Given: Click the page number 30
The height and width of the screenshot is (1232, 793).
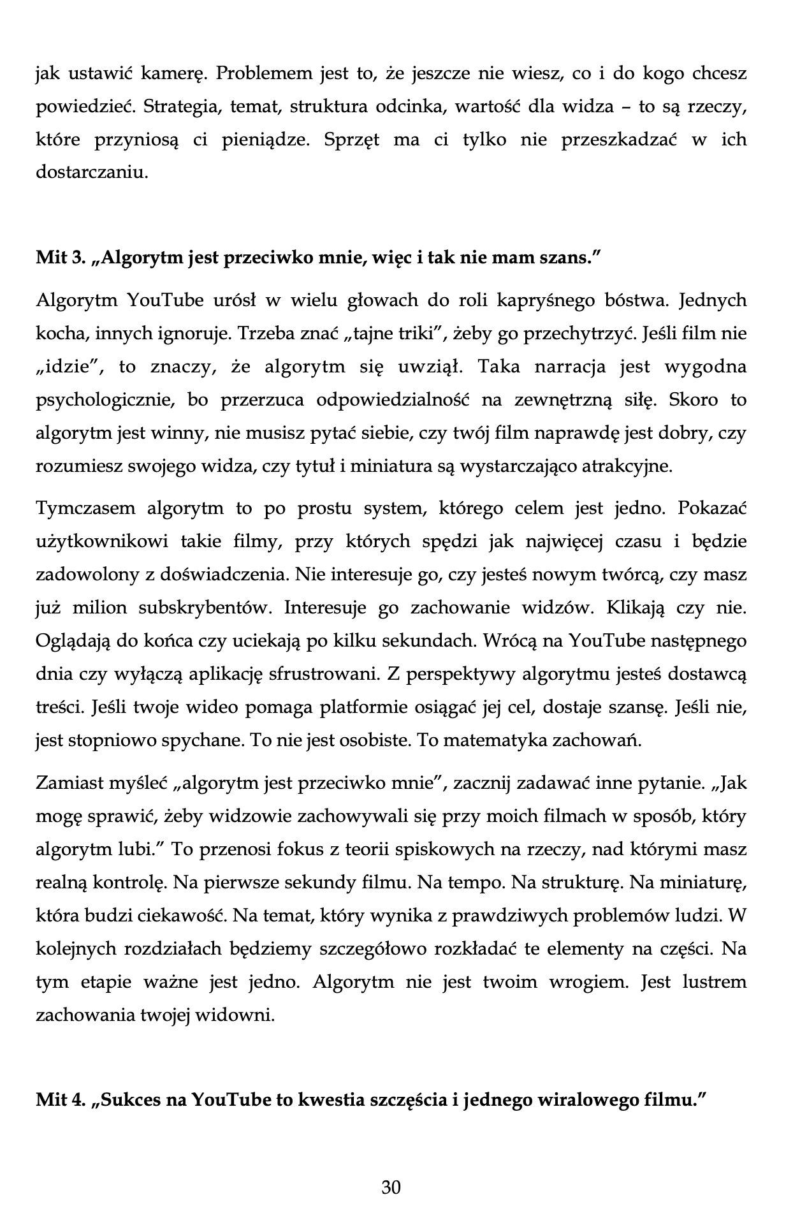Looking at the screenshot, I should [391, 1187].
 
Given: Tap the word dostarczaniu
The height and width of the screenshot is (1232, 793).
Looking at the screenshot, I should [92, 173].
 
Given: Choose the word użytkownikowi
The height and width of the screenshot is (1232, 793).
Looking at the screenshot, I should [101, 541].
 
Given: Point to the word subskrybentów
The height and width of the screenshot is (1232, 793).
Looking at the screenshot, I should [205, 608].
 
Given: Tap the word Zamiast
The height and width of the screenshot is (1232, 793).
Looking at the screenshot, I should [68, 783].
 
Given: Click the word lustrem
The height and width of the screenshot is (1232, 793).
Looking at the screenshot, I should [714, 982].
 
